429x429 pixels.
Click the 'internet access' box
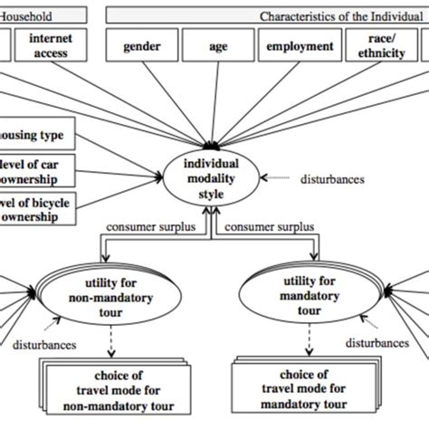click(x=51, y=46)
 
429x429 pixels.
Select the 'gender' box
click(x=141, y=46)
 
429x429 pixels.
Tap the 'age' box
click(x=217, y=46)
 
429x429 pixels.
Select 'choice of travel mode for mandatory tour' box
click(x=302, y=389)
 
